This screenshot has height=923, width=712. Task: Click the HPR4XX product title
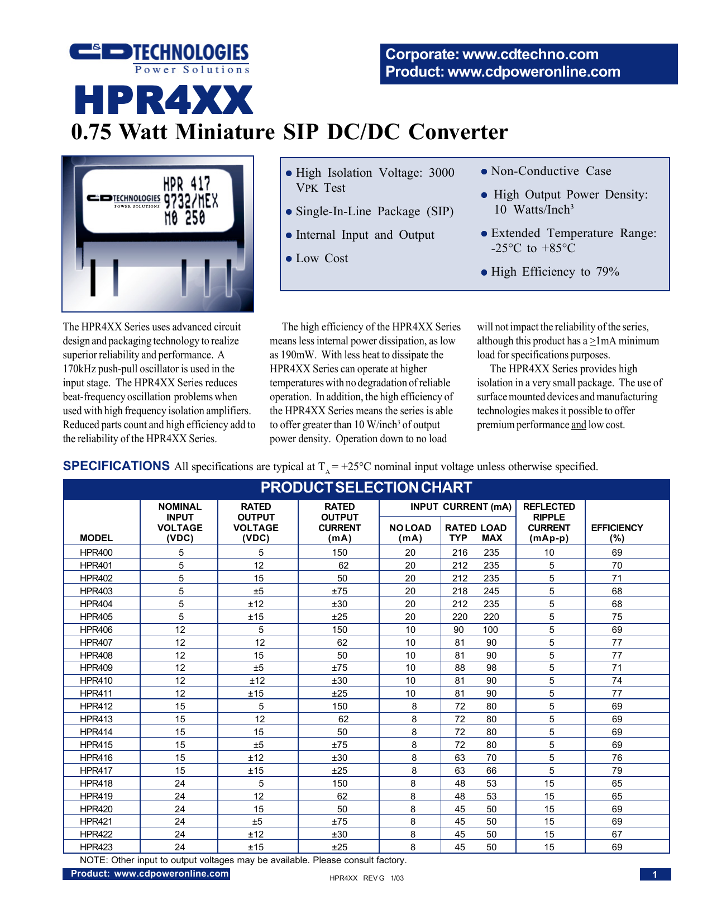(x=164, y=101)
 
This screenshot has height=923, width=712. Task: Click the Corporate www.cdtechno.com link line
(x=492, y=54)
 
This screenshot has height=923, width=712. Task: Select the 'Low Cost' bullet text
(x=322, y=258)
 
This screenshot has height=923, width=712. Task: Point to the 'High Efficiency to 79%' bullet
(x=555, y=272)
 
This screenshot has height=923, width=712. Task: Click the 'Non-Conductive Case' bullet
(x=551, y=171)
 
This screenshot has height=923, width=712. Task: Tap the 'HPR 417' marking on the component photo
(x=187, y=183)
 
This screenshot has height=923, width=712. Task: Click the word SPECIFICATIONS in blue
(x=116, y=466)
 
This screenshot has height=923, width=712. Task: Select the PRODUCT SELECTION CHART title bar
(x=366, y=487)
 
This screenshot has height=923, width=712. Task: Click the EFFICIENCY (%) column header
(x=617, y=532)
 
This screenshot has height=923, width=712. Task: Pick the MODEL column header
(x=96, y=538)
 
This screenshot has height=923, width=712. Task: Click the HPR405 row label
(x=96, y=617)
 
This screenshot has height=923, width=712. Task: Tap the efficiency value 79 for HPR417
(x=617, y=770)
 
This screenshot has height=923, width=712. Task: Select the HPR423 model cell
(x=96, y=847)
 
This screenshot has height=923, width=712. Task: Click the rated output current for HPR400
(x=339, y=552)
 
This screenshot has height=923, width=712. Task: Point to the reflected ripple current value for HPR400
(x=549, y=552)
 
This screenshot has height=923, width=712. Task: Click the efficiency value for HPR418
(x=617, y=783)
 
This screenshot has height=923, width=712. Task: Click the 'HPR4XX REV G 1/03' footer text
(x=366, y=878)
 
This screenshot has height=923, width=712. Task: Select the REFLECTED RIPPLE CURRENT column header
(x=549, y=522)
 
